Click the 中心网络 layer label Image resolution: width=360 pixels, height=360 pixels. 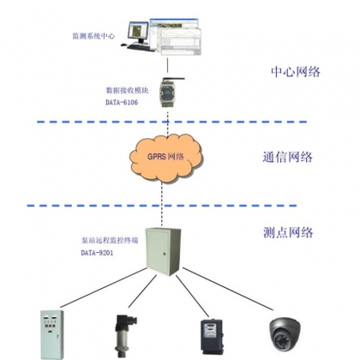tap(296, 72)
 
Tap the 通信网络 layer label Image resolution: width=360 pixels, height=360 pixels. tap(287, 157)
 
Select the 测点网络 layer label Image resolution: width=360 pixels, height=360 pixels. tap(288, 232)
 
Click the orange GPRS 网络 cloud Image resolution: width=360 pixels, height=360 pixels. tap(166, 158)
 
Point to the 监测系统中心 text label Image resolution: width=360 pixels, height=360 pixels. tap(93, 36)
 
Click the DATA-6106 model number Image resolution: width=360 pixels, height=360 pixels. tap(122, 102)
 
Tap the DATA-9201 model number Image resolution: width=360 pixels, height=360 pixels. tap(97, 253)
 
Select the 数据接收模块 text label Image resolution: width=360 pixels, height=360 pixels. tap(127, 91)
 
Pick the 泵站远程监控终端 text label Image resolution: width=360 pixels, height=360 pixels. tap(110, 241)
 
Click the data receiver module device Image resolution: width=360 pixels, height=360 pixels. tap(167, 93)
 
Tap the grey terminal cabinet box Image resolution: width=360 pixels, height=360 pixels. tap(163, 251)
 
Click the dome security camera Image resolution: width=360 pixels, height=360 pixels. tap(285, 334)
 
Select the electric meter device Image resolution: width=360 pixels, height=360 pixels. tap(212, 337)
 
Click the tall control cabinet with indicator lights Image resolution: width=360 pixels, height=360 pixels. tap(51, 335)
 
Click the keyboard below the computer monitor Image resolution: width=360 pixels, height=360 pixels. tap(141, 47)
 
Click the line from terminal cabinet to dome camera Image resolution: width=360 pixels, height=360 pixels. tap(228, 289)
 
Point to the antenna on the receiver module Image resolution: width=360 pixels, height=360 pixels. tap(174, 78)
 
